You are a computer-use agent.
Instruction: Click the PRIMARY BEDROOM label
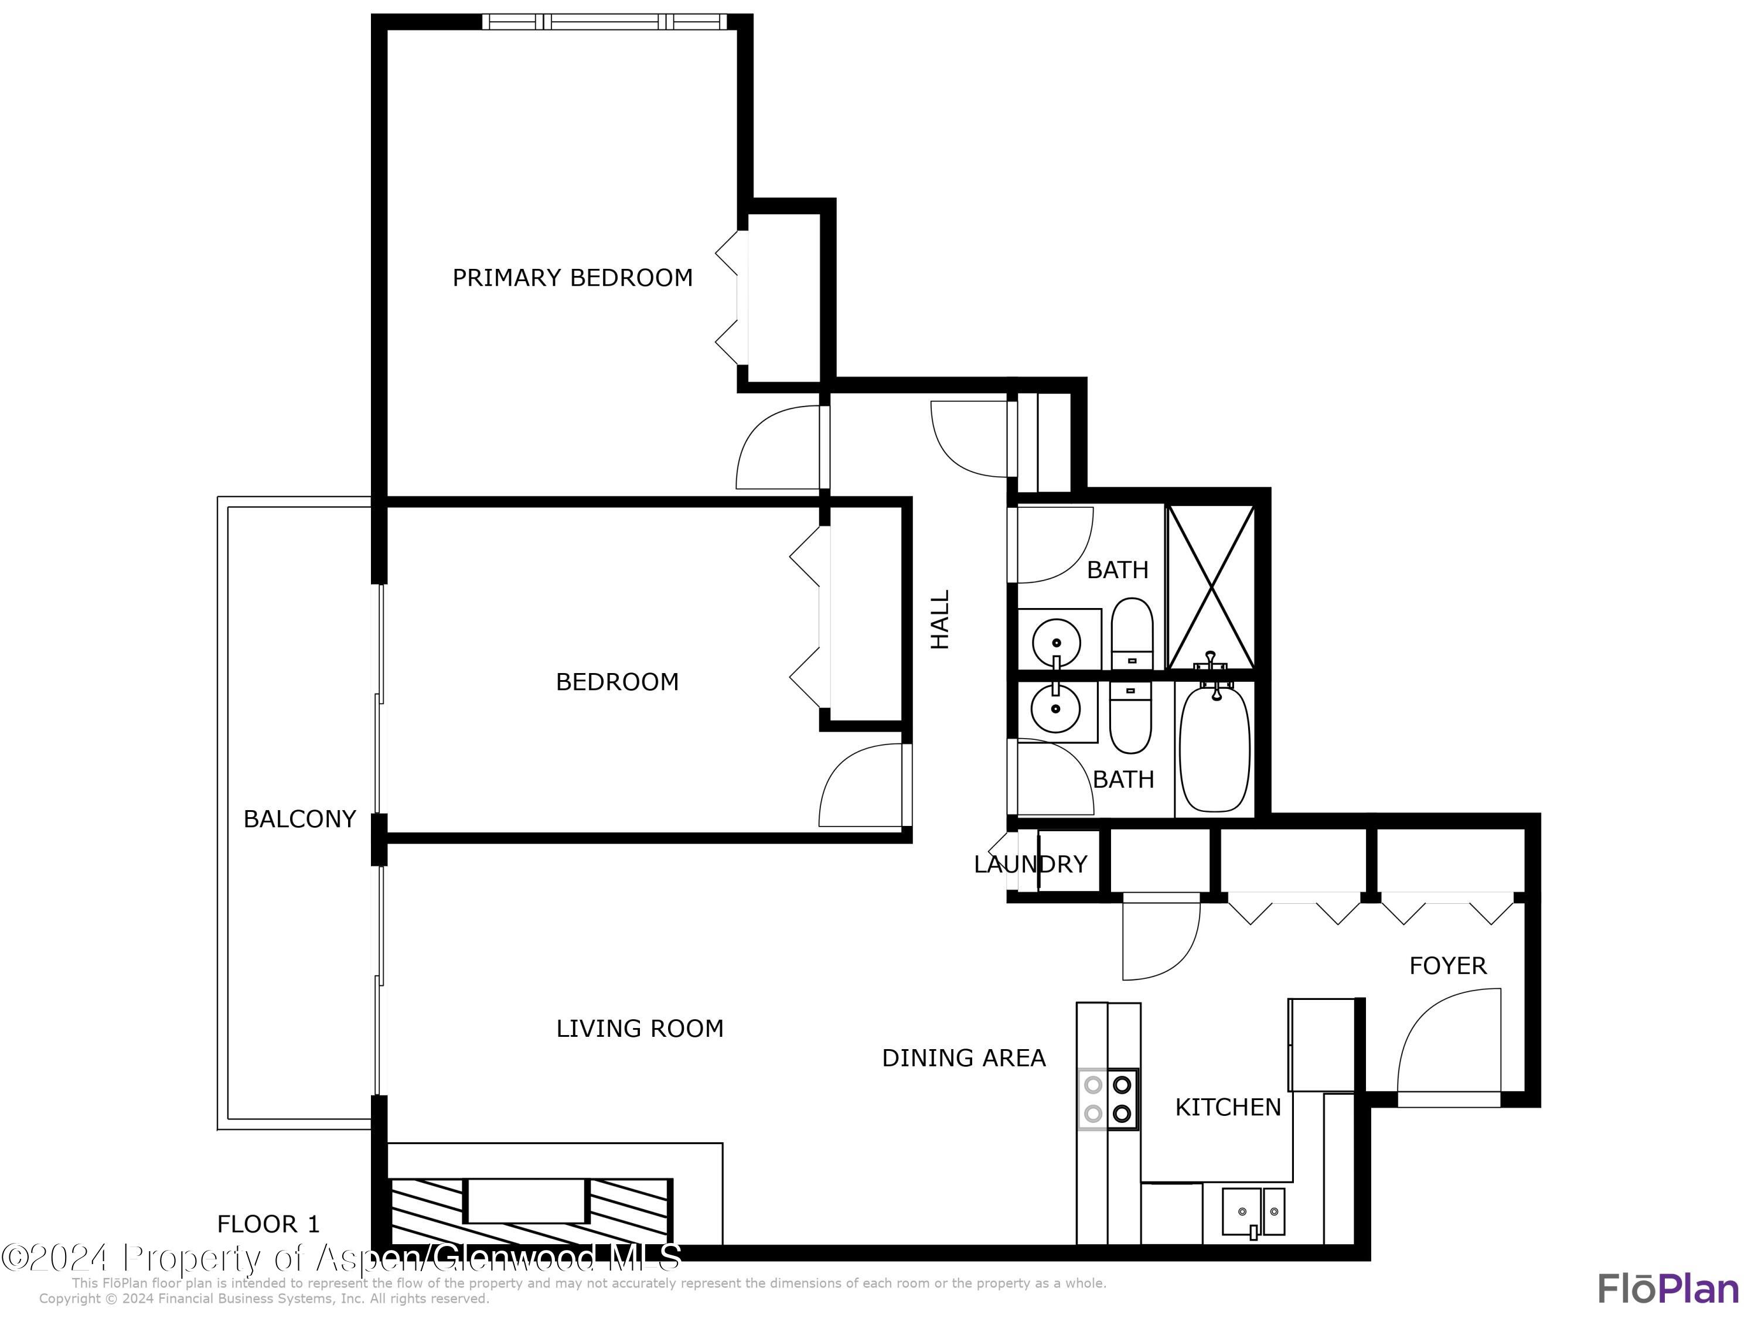pos(572,278)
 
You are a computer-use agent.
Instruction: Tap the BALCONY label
pos(299,819)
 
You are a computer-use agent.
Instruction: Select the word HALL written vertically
pos(940,619)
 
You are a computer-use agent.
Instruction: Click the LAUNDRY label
pos(1030,865)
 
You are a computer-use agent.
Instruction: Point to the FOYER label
pos(1447,965)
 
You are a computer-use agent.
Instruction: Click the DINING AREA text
pos(963,1059)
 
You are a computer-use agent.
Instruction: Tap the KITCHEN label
pos(1228,1108)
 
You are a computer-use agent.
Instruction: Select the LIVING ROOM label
pos(640,1029)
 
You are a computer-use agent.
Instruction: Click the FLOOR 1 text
pos(268,1224)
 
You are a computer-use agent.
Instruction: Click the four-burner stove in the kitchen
pos(1108,1099)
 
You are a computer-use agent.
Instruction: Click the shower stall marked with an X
pos(1211,586)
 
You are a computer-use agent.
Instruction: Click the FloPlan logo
pos(1667,1289)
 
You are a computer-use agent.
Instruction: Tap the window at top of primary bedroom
pos(604,22)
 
